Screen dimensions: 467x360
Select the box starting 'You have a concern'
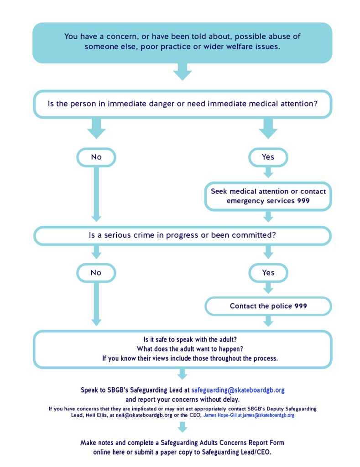point(182,42)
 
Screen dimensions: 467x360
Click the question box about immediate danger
point(182,104)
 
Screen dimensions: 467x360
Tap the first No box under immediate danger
point(96,157)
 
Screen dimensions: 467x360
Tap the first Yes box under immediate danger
point(268,157)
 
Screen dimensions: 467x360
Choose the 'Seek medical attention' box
point(268,196)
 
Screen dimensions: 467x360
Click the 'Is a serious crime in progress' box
point(182,236)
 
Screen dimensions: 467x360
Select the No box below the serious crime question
point(96,273)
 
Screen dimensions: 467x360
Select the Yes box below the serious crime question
point(268,273)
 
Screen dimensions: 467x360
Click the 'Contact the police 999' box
point(268,306)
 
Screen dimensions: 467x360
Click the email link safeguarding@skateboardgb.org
point(238,390)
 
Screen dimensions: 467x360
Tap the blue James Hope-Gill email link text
point(249,415)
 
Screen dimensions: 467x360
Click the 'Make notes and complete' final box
point(182,447)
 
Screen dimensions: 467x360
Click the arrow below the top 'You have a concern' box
point(182,72)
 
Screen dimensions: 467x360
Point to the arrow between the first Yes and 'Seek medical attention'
point(268,172)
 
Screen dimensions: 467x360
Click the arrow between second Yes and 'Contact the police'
point(268,288)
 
